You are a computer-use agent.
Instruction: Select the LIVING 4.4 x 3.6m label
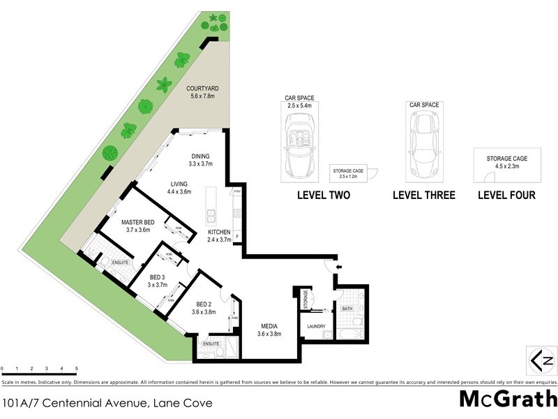[x=180, y=188]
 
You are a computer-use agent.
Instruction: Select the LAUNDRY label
[x=317, y=325]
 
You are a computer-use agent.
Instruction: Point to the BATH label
[x=347, y=308]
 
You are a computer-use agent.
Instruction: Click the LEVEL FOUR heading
[x=506, y=196]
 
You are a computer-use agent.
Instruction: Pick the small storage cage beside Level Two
[x=352, y=174]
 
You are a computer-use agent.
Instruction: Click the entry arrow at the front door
[x=339, y=267]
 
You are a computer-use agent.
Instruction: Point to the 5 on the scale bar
[x=76, y=368]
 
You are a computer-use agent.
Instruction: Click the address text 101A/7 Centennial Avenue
[x=107, y=403]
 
